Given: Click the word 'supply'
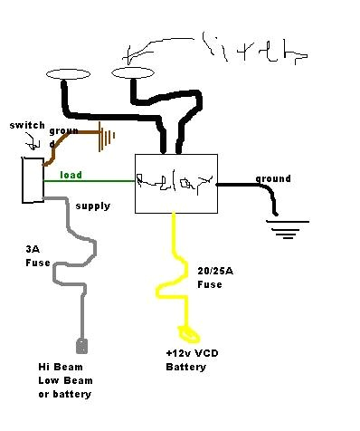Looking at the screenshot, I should [92, 206].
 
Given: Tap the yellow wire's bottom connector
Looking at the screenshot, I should [190, 331].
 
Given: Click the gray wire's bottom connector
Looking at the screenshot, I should [81, 345].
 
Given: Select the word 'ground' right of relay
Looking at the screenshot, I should [272, 178].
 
